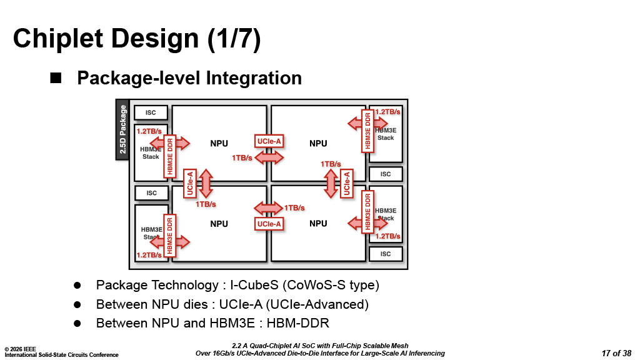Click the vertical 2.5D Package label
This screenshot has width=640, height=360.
click(123, 129)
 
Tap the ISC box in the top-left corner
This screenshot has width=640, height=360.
click(151, 113)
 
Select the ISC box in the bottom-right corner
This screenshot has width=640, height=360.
click(386, 254)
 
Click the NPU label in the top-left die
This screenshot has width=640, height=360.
click(219, 144)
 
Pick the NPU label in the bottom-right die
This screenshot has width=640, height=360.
click(318, 224)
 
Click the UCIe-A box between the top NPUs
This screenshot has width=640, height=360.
click(269, 141)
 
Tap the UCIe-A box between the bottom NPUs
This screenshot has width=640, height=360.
click(269, 223)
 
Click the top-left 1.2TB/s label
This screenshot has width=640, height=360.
click(149, 131)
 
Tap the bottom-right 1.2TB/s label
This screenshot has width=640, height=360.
click(387, 236)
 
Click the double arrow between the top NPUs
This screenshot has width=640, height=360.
click(269, 158)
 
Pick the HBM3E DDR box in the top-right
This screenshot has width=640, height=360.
click(368, 130)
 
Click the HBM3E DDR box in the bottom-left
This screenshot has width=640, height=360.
click(169, 234)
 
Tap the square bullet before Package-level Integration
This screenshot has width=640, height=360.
click(56, 78)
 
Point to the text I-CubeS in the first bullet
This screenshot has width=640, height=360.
click(254, 285)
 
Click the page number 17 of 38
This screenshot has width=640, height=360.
click(616, 353)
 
